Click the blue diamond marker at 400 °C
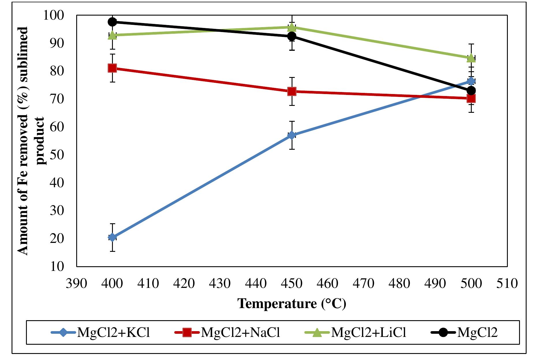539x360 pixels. (112, 237)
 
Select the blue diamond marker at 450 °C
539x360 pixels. (292, 135)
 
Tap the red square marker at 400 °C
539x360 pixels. (112, 68)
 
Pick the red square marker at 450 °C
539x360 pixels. (292, 91)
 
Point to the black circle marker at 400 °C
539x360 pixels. (112, 22)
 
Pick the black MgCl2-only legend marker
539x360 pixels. (443, 333)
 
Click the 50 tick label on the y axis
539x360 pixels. (57, 155)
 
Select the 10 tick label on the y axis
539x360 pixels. (57, 266)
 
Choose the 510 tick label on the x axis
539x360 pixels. (507, 283)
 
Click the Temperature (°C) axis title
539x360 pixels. (292, 303)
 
